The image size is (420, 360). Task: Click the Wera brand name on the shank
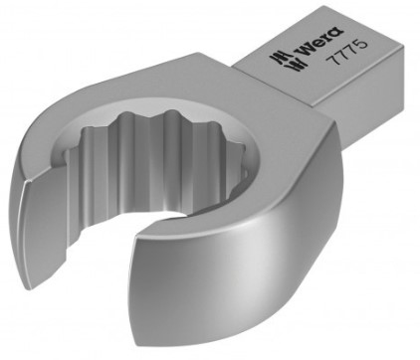(321, 41)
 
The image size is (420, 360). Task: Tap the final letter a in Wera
(337, 32)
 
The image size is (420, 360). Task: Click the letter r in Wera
(329, 39)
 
